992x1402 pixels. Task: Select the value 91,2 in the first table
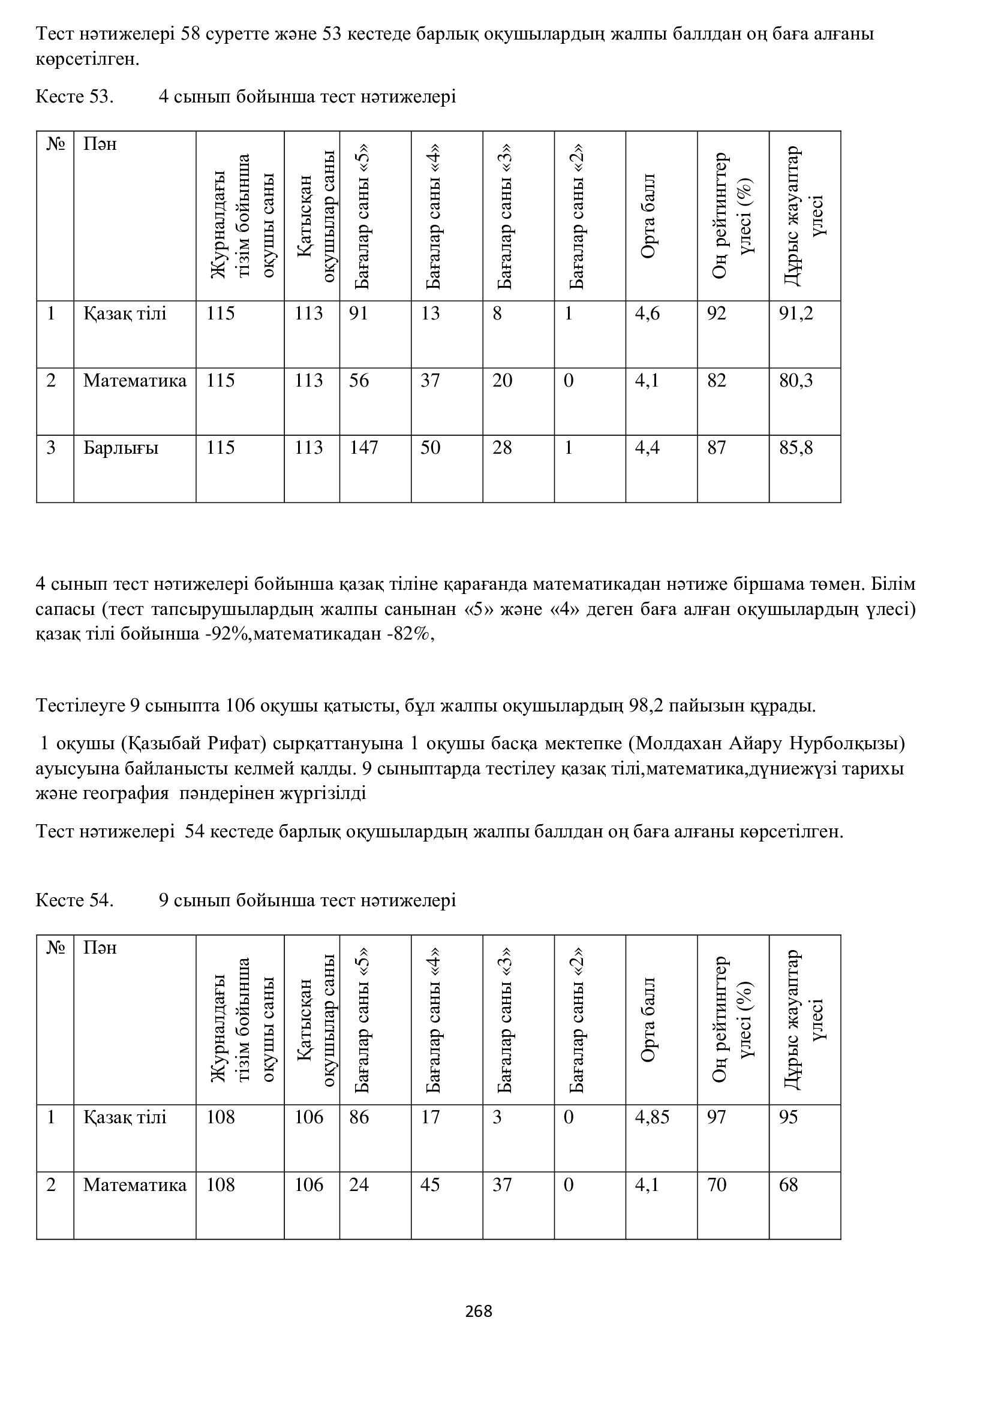coord(796,314)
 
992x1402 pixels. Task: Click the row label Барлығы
coord(121,448)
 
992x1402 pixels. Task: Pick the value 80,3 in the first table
coord(796,381)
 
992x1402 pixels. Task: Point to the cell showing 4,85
coord(652,1117)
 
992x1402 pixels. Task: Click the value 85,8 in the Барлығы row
coord(796,448)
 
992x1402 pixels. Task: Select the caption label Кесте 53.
coord(74,97)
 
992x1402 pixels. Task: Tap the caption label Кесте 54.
coord(74,901)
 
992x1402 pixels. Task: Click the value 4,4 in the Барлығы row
coord(647,448)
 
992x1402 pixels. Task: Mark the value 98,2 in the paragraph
coord(647,707)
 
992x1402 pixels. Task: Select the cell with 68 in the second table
coord(789,1185)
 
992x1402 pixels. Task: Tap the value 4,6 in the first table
coord(647,314)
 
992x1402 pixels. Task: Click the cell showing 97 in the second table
coord(717,1117)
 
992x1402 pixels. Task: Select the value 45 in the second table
coord(430,1185)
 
